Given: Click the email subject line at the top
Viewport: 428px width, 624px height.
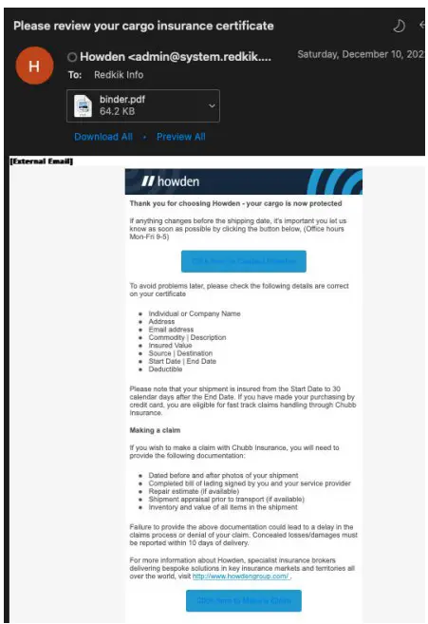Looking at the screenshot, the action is tap(143, 26).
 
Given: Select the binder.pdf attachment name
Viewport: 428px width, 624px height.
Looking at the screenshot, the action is tap(122, 99).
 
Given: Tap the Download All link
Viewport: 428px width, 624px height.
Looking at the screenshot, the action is tap(102, 137).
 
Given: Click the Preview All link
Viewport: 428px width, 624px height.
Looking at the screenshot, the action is tap(180, 137).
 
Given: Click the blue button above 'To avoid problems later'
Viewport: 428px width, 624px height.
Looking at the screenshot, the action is tap(244, 261).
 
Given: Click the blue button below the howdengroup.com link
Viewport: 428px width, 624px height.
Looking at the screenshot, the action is tap(244, 599).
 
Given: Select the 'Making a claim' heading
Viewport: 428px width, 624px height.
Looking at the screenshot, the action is tap(157, 430).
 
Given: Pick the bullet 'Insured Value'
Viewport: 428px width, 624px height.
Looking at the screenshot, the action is tap(176, 346).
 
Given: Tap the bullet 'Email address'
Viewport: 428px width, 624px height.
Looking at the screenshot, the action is tap(177, 329).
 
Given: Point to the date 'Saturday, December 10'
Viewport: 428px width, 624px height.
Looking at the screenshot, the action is tap(356, 54).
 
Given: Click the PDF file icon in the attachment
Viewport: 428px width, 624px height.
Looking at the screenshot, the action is tap(83, 104).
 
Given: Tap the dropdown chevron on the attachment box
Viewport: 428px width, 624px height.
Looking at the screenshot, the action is tap(210, 104).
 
